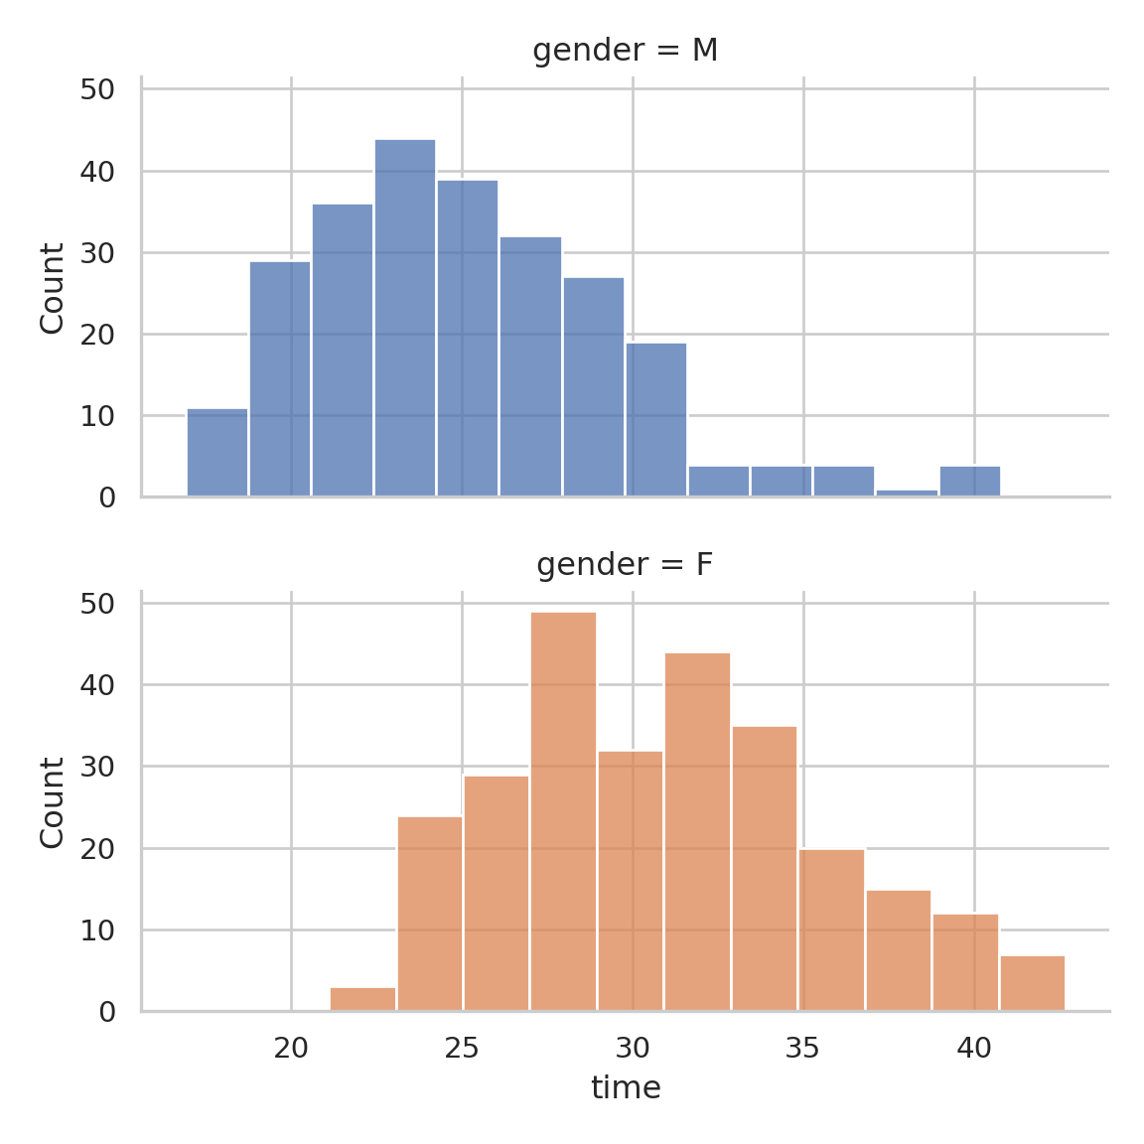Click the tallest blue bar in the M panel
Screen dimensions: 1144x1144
(404, 318)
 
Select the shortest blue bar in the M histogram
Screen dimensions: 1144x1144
(907, 493)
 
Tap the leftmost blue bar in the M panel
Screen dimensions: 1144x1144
(217, 453)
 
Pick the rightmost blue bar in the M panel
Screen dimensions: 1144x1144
(969, 481)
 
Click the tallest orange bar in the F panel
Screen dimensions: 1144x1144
(563, 811)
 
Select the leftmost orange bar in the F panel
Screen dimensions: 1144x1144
(362, 999)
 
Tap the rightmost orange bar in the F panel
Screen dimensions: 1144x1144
(1032, 983)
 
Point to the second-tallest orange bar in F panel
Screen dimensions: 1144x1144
(697, 832)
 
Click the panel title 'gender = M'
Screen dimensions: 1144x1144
(625, 50)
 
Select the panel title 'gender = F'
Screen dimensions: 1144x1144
(625, 564)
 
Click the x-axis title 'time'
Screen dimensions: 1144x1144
(626, 1087)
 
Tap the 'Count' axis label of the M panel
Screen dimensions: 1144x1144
(52, 288)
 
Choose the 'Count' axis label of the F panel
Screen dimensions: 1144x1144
(52, 802)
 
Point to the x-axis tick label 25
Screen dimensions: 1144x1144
(462, 1048)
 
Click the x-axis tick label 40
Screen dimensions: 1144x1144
(974, 1048)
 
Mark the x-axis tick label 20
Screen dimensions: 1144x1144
(291, 1048)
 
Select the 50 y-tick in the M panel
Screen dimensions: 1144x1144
(97, 89)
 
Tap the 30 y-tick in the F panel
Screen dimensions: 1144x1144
(97, 767)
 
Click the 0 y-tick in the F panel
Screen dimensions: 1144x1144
(107, 1012)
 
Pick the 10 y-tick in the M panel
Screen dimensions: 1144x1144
(97, 416)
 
